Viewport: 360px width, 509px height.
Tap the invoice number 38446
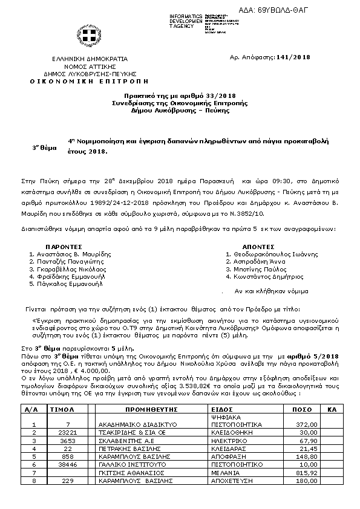[x=68, y=465]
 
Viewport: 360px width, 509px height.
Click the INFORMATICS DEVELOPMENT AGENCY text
[x=186, y=21]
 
